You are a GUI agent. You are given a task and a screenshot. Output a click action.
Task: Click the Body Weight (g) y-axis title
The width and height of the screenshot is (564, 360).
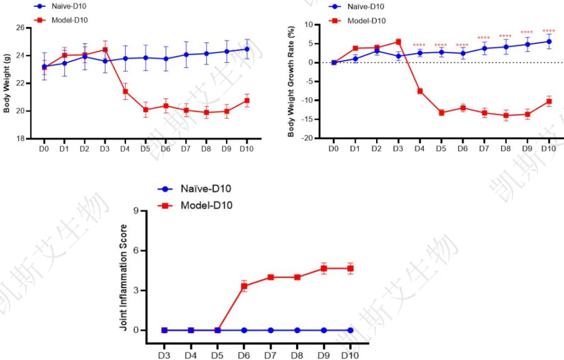(7, 84)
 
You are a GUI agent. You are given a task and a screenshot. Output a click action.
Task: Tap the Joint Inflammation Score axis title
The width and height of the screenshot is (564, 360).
(124, 277)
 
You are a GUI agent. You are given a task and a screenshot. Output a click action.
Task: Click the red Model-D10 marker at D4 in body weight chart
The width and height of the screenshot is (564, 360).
(126, 92)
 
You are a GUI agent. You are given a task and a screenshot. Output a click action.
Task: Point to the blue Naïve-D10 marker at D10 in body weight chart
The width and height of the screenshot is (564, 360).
(246, 49)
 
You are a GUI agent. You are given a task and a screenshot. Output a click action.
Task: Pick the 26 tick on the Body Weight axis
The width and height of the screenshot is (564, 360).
(21, 28)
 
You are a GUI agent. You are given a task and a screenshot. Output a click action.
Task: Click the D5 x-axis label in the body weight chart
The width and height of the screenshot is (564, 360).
(145, 149)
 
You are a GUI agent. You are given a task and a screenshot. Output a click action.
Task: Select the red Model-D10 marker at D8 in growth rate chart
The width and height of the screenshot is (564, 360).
(506, 116)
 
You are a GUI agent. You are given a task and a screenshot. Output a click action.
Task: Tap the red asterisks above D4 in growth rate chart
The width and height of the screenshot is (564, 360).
(419, 45)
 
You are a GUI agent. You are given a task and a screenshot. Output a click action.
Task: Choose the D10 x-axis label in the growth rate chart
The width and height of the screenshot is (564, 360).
(548, 149)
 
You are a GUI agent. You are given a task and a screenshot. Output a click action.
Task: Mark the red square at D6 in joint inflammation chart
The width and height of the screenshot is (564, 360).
(244, 286)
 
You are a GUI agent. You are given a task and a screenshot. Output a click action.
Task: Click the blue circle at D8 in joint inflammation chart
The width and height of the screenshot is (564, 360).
(297, 330)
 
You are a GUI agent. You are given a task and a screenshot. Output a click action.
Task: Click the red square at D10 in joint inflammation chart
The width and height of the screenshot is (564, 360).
(350, 268)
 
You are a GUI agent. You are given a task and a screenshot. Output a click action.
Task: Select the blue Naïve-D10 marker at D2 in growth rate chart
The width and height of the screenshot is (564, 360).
(377, 51)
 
